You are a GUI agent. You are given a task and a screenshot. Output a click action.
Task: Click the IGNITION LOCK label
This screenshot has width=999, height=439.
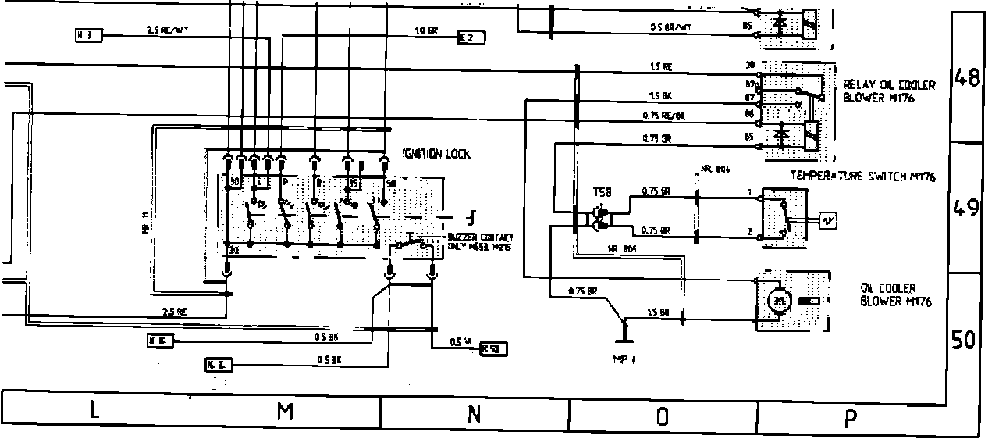[436, 155]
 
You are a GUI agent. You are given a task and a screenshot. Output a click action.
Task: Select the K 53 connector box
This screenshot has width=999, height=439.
[490, 348]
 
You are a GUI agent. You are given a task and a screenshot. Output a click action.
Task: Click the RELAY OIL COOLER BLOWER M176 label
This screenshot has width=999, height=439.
[878, 92]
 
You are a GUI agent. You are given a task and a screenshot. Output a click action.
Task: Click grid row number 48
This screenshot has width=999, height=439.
[968, 78]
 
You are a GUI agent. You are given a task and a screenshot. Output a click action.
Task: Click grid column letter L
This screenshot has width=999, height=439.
[94, 412]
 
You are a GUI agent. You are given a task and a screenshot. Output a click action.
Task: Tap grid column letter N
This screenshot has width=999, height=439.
[474, 414]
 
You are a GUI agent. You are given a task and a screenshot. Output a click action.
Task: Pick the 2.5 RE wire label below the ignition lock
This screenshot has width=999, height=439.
[174, 311]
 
